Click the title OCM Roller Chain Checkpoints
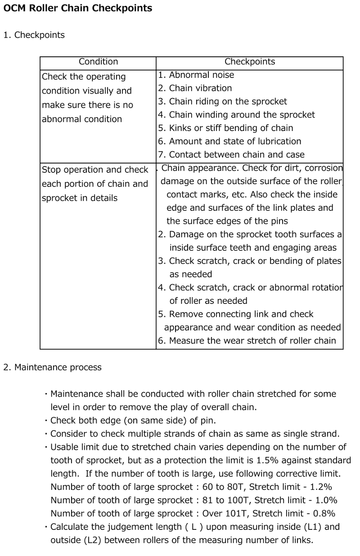click(x=78, y=8)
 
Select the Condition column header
click(x=98, y=62)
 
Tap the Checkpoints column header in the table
click(x=250, y=62)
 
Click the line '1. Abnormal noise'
click(x=196, y=75)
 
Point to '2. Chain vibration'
click(x=195, y=88)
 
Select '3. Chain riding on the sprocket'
click(x=222, y=102)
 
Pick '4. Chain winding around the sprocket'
click(x=236, y=115)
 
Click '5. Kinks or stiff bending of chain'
click(x=225, y=128)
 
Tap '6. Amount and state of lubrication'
click(x=229, y=141)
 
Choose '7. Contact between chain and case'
click(x=231, y=155)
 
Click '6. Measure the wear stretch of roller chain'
click(x=247, y=341)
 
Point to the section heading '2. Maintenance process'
click(x=52, y=367)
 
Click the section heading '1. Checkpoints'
click(x=34, y=35)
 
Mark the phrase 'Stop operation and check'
click(x=95, y=170)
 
